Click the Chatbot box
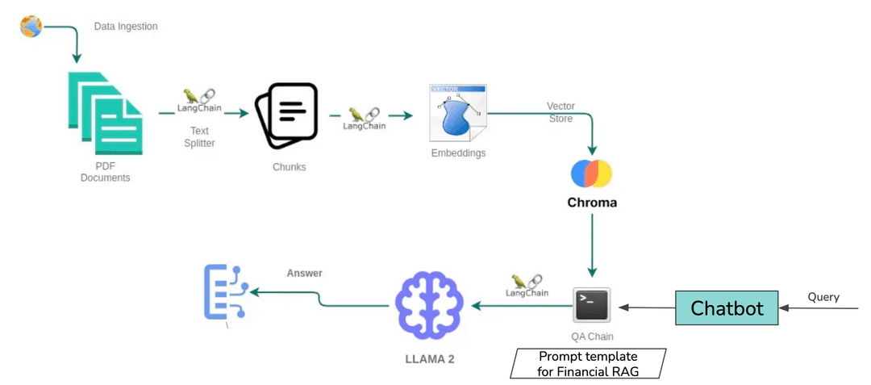(x=727, y=308)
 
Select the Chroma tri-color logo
(x=591, y=174)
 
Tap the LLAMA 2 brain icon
(x=429, y=305)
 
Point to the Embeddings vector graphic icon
(x=457, y=112)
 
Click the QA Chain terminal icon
(x=591, y=307)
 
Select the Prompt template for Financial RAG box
(x=588, y=363)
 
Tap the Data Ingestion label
(x=126, y=27)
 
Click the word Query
(x=823, y=297)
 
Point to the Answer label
(x=304, y=273)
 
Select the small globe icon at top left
(x=31, y=27)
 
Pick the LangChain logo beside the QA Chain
(x=527, y=286)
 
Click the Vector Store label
(x=560, y=112)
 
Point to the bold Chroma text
(x=591, y=203)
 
